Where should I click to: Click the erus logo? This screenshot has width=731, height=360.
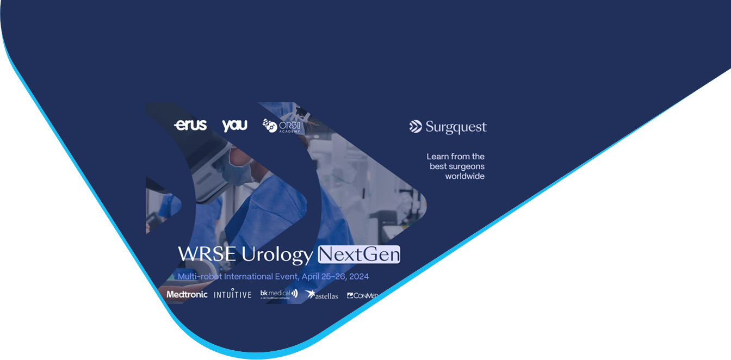190,125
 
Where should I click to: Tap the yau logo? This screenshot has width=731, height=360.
234,125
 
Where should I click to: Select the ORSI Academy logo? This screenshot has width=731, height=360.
282,126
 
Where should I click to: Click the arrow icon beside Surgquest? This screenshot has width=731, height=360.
416,127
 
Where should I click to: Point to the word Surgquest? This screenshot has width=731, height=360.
456,128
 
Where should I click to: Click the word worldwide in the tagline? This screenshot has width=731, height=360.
464,176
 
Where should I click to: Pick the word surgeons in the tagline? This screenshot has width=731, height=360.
466,166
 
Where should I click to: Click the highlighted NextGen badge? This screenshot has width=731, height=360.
359,254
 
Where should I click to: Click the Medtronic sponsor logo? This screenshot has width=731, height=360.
187,294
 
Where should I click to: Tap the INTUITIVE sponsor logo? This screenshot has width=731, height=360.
233,294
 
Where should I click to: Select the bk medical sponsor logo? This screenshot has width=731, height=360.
278,294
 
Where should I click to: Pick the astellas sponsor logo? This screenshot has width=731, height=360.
322,295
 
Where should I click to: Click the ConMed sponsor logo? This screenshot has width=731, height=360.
362,295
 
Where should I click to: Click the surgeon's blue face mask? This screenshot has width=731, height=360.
240,173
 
